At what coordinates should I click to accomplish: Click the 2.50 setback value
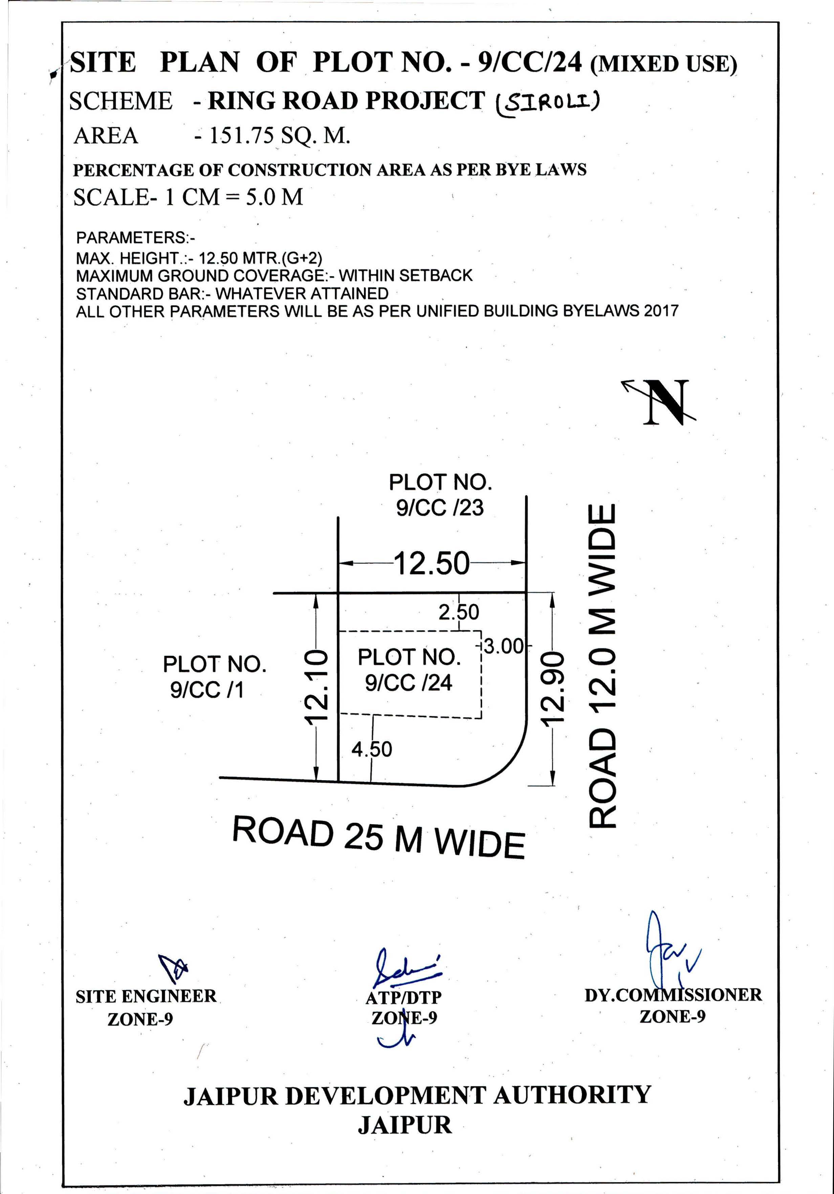(458, 612)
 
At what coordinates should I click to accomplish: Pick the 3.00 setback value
(503, 647)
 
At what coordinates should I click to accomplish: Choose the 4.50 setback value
(372, 749)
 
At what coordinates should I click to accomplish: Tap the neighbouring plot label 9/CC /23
(440, 508)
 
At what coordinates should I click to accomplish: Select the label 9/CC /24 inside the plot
(409, 682)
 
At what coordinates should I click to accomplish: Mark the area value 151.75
(241, 136)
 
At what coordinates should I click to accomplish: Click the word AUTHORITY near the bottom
(572, 1094)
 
